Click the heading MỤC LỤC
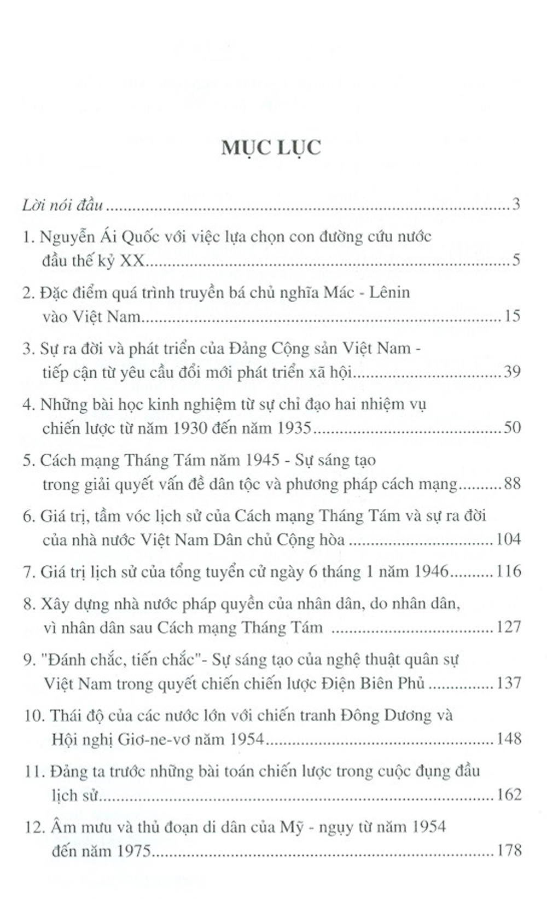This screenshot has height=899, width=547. tap(271, 147)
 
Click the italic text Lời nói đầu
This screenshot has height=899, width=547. tap(63, 205)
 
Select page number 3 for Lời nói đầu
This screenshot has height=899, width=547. tap(516, 205)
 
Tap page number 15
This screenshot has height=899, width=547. tap(513, 316)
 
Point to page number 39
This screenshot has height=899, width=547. tap(512, 372)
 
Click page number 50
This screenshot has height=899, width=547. tap(512, 427)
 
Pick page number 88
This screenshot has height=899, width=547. tap(512, 484)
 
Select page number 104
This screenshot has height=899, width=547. tap(508, 540)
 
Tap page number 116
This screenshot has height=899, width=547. tap(508, 572)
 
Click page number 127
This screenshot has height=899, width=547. tap(508, 627)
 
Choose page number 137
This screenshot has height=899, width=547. tap(508, 683)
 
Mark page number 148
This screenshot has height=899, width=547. tap(508, 739)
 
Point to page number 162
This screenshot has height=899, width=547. tap(508, 794)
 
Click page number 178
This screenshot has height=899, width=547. tap(508, 850)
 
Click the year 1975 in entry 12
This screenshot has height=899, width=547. tap(130, 851)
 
